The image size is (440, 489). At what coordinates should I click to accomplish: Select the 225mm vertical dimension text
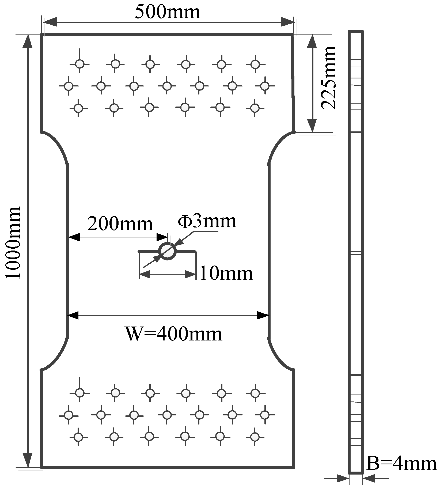[x=328, y=78]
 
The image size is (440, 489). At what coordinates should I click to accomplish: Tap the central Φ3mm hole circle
[x=168, y=251]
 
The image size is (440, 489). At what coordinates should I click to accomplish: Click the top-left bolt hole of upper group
[x=79, y=64]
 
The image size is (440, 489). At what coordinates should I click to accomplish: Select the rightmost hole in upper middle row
[x=265, y=86]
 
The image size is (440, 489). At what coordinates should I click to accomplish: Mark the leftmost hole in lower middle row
[x=69, y=415]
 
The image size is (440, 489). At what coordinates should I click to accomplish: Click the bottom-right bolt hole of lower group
[x=255, y=437]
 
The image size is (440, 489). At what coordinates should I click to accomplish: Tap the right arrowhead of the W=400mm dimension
[x=263, y=315]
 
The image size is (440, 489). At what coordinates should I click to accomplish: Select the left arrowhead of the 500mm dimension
[x=50, y=22]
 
